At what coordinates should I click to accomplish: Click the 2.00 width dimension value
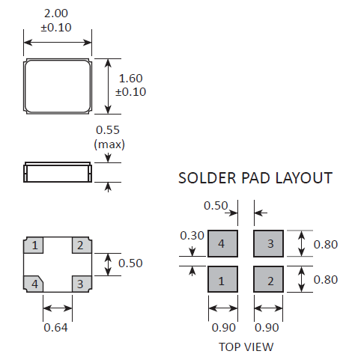(56, 13)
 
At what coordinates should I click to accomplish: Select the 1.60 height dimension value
(130, 79)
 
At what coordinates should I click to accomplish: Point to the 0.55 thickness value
(108, 130)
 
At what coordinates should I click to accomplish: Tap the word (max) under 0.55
(109, 144)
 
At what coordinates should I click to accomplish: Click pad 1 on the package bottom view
(34, 245)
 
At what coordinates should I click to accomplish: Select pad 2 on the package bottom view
(82, 245)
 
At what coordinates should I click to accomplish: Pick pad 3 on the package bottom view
(82, 284)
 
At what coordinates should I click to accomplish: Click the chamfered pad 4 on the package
(34, 284)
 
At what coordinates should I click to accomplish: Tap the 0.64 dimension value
(55, 328)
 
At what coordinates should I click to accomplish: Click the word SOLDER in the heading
(207, 178)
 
